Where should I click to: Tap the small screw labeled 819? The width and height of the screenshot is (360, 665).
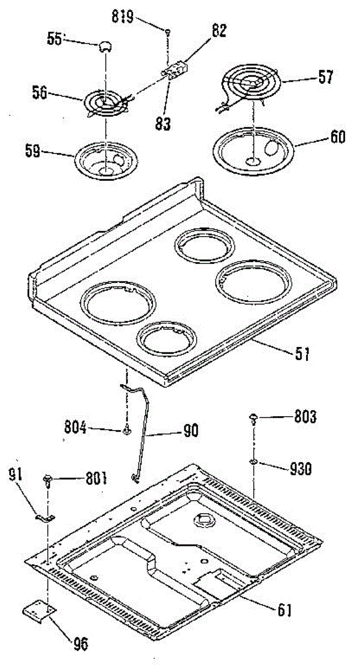(168, 31)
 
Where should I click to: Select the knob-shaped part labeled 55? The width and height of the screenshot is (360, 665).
(105, 47)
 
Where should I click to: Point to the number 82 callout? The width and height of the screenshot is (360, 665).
(219, 31)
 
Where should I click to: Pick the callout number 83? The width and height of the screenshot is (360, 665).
(163, 124)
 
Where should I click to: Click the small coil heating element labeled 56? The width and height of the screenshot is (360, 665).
(107, 104)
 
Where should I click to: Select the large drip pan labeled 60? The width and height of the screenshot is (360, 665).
(253, 151)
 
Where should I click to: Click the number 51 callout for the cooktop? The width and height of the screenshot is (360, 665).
(302, 354)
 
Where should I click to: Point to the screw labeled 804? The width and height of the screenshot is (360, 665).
(127, 430)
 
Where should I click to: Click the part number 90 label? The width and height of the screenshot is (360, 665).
(191, 431)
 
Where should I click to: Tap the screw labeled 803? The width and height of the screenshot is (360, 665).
(254, 419)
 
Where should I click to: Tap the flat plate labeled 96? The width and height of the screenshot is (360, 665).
(39, 607)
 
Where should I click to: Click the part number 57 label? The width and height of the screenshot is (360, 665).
(326, 77)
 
